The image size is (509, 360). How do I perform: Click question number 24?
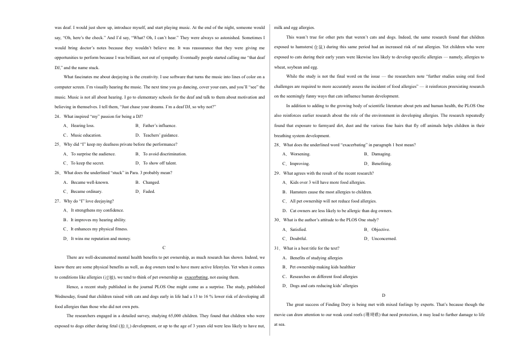(57, 116)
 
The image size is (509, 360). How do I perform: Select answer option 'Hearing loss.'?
(82, 125)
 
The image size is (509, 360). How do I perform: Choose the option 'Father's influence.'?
(159, 125)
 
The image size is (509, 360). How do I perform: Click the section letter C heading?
(163, 248)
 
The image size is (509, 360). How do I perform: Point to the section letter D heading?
(383, 295)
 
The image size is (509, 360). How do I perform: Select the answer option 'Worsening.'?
(300, 154)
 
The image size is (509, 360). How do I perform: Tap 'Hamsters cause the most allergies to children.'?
(331, 192)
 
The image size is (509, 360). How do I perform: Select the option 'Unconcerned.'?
(384, 239)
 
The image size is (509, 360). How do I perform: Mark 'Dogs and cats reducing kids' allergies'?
(324, 286)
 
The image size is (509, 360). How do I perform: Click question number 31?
(277, 249)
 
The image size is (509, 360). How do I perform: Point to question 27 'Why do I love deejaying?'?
(88, 201)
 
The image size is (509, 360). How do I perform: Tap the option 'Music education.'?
(86, 135)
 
